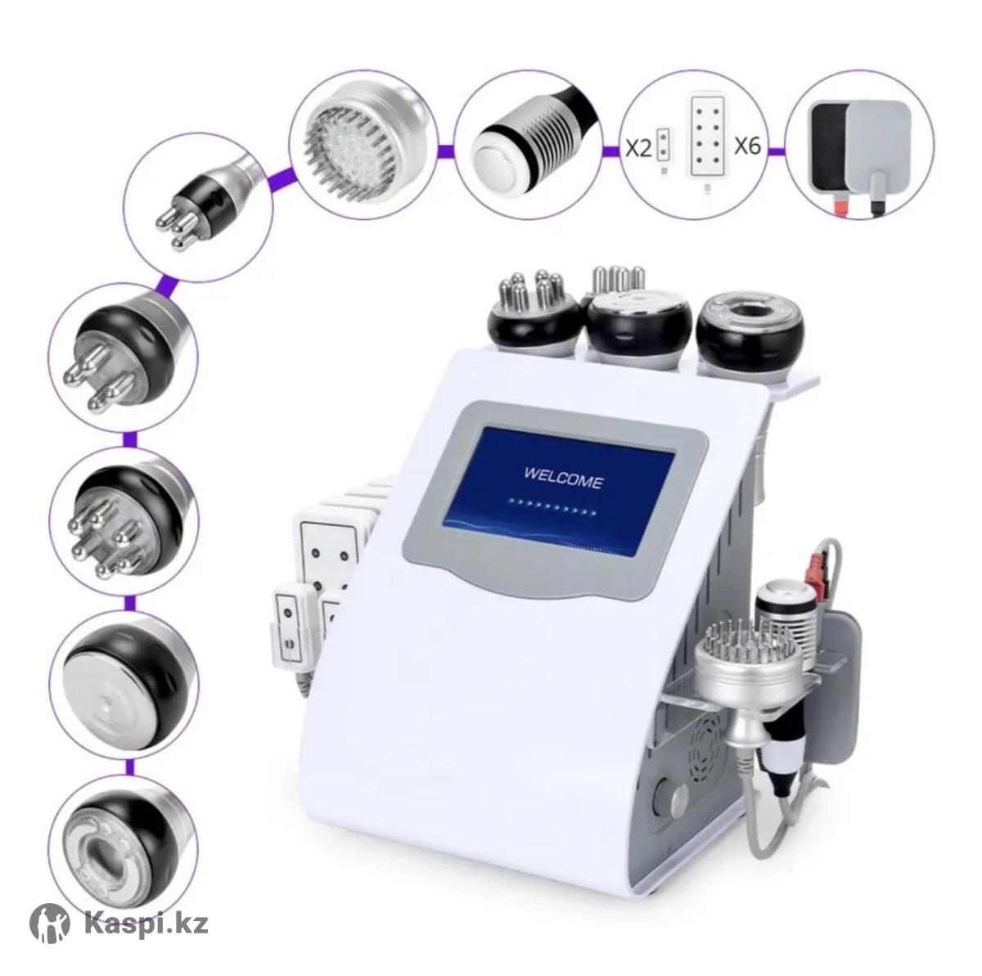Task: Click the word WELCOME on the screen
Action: coord(563,480)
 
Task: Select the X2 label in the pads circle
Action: coord(638,148)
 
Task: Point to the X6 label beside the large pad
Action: coord(747,146)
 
